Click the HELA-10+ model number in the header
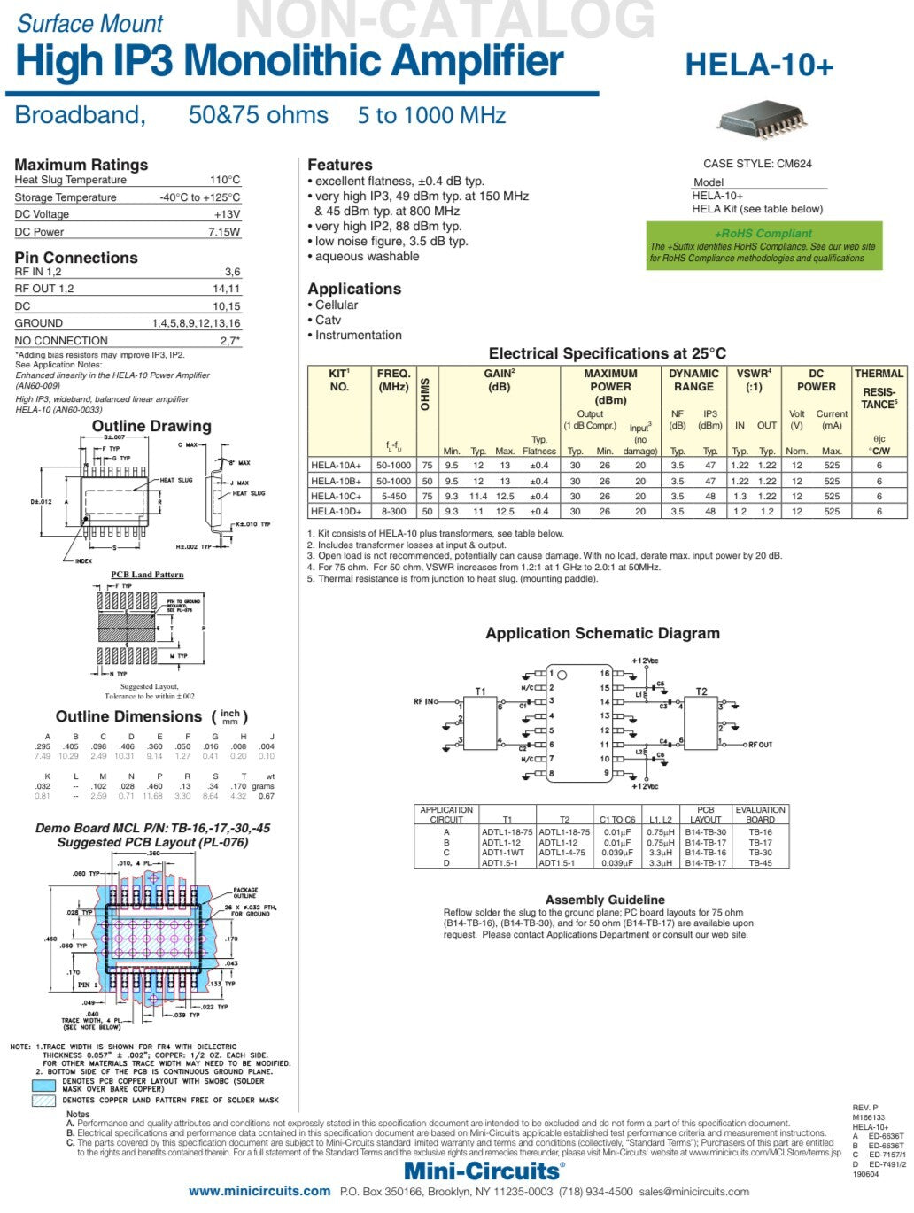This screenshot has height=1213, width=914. point(759,66)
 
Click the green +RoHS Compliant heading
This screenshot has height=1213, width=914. point(763,233)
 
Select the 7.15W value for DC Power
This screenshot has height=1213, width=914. point(224,232)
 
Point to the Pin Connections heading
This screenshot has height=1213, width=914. point(76,258)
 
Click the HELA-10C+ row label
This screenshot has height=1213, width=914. point(336,496)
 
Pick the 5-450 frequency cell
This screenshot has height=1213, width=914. point(393,496)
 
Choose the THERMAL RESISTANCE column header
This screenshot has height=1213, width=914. point(879,389)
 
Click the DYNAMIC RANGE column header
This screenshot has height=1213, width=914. point(693,380)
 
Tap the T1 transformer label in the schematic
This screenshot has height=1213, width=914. point(480,691)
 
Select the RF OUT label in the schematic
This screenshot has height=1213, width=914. point(760,745)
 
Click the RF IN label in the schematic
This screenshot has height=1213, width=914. point(424,702)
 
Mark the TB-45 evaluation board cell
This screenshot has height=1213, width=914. point(760,863)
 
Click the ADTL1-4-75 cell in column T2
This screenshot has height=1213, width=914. point(562,853)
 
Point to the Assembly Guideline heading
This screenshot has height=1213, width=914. point(605,900)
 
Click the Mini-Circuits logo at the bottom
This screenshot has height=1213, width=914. point(484,1171)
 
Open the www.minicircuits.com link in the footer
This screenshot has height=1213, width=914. point(259,1192)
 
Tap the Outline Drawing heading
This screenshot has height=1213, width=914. point(151,426)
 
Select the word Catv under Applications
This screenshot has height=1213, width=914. point(328,320)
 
